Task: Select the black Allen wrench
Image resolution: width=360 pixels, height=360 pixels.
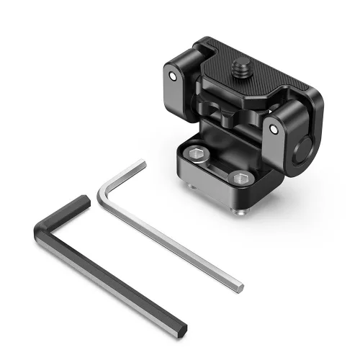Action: coord(108,274)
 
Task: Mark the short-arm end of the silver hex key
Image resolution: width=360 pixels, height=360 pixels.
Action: coord(141,164)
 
